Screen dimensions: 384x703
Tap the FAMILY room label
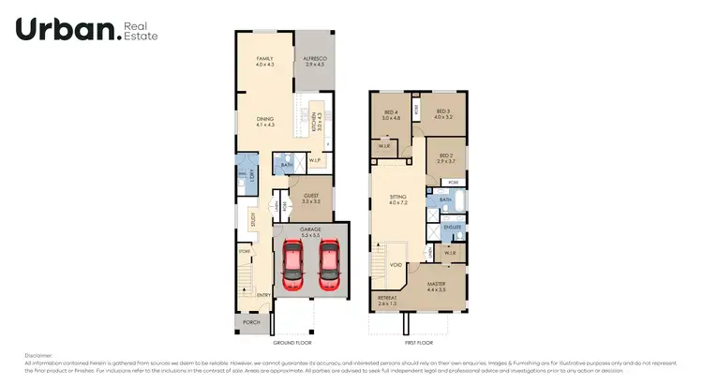(x=265, y=59)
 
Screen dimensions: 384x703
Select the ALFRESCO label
(x=313, y=59)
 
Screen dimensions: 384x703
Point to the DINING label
(x=265, y=118)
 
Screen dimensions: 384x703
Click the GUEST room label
(x=310, y=195)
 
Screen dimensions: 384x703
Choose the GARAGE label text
(x=310, y=228)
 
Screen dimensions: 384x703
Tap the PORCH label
(x=251, y=322)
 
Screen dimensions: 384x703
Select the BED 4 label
(x=391, y=112)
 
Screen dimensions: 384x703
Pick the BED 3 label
(x=443, y=111)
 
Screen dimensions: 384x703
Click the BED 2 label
(x=445, y=155)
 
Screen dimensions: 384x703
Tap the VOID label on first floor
(x=396, y=264)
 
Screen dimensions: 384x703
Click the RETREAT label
(x=387, y=300)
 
